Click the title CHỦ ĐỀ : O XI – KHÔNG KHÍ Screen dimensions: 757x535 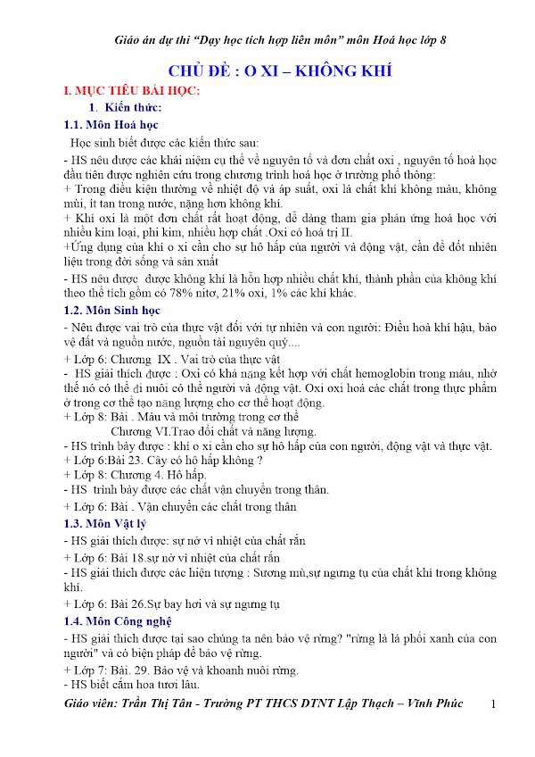(x=281, y=71)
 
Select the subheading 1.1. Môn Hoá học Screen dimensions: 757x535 (x=111, y=124)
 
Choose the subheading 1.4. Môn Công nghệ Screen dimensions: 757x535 (x=119, y=620)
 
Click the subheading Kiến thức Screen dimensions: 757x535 (x=136, y=108)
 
